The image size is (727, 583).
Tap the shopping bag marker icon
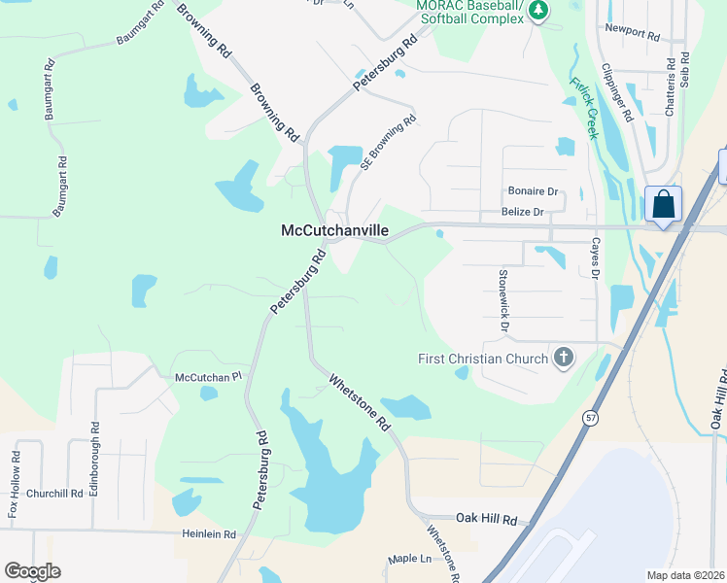[664, 205]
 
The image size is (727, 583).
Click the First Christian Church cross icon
[562, 359]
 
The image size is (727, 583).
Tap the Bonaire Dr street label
[534, 191]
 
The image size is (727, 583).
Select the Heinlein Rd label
[209, 533]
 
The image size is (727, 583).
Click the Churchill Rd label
[55, 493]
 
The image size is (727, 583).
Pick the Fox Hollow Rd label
[14, 485]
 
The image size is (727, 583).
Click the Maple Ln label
[409, 559]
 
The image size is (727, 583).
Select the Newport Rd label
[632, 31]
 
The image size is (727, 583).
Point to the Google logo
[33, 571]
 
